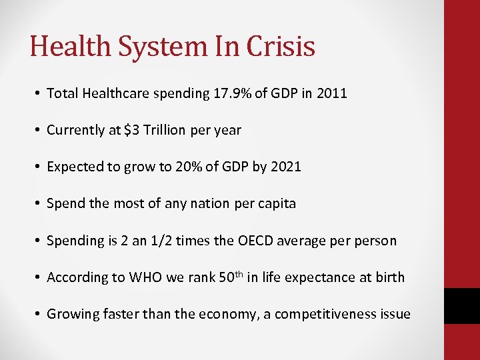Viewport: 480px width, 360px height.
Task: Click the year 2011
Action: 332,93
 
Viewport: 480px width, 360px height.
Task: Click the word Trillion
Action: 165,130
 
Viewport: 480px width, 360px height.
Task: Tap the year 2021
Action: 286,167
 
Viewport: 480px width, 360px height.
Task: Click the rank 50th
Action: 230,276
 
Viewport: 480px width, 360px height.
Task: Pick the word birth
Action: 389,277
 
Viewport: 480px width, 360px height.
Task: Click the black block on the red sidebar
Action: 462,306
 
